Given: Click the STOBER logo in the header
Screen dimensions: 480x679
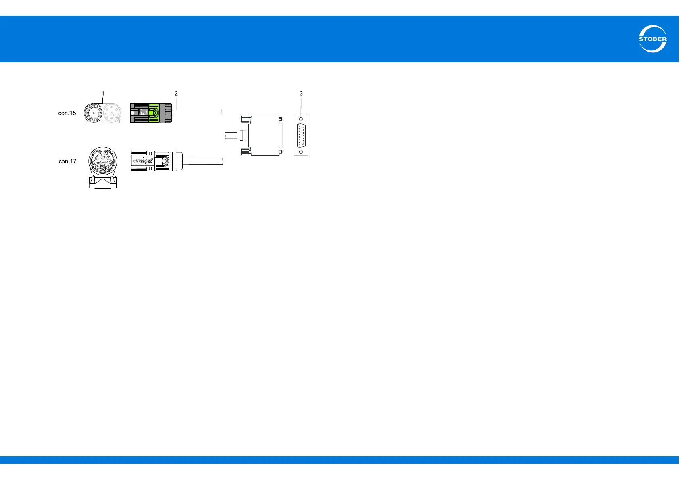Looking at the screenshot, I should click(x=652, y=39).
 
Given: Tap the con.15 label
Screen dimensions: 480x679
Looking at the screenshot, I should click(x=67, y=113).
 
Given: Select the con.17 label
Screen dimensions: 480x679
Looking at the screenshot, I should click(x=67, y=161).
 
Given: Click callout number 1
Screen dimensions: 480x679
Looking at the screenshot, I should click(x=103, y=94).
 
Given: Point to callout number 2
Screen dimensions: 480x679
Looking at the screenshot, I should click(x=176, y=94).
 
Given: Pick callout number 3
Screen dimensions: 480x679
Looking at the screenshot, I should click(x=301, y=94).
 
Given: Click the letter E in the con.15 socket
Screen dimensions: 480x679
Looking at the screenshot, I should click(x=94, y=113).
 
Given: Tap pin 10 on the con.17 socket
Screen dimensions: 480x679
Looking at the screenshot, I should click(x=103, y=157).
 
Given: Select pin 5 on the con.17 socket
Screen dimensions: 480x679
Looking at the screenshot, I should click(x=103, y=167).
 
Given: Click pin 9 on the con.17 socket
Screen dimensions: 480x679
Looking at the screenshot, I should click(x=100, y=153).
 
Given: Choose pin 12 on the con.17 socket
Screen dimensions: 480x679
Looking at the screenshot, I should click(x=99, y=163).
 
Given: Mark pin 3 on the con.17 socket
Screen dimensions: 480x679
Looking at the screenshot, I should click(x=110, y=163).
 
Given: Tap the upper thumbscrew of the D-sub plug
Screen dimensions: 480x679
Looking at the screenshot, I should click(x=244, y=119).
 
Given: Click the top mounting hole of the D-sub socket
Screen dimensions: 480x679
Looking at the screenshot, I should click(x=301, y=120).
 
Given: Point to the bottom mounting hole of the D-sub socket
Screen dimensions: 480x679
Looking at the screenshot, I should click(x=301, y=152).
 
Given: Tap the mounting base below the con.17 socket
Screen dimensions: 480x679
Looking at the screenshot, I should click(x=103, y=181).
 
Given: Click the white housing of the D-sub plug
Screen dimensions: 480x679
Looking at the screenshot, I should click(x=264, y=136).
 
